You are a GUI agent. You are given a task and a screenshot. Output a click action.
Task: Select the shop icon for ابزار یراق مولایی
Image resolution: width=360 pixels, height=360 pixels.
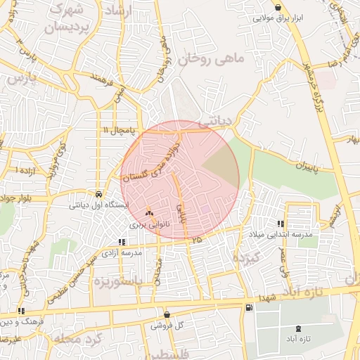[x=280, y=8]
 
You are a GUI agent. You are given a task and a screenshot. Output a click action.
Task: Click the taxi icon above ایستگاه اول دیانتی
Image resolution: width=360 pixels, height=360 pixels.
[x=98, y=194]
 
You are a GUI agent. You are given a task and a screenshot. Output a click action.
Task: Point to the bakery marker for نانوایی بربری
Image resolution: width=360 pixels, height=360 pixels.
[x=148, y=212]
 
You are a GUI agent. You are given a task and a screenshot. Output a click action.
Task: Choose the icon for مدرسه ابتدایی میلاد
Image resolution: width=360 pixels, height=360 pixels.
[x=282, y=223]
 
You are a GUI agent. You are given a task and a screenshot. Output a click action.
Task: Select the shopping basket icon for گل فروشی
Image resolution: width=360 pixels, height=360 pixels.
[x=167, y=314]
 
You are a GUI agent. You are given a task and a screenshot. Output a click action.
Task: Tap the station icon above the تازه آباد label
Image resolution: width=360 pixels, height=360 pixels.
[x=297, y=327]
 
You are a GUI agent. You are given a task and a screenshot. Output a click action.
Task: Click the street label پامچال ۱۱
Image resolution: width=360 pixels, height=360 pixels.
[x=116, y=131]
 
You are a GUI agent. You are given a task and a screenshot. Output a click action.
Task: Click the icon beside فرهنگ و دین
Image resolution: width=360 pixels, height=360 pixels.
[x=21, y=310]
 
